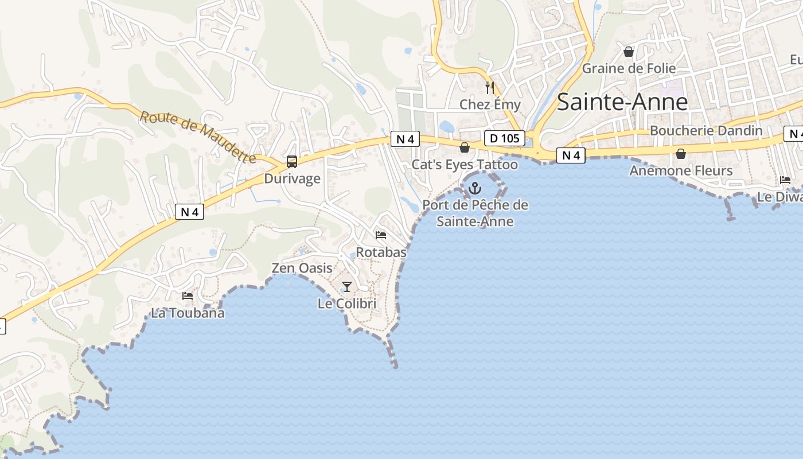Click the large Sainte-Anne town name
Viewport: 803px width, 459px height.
(622, 102)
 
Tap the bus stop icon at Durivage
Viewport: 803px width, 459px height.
(292, 162)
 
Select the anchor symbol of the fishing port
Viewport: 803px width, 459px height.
(475, 187)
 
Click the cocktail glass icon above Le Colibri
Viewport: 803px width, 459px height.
(347, 286)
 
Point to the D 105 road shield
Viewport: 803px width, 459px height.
(505, 138)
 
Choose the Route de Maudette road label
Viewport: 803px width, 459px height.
(198, 137)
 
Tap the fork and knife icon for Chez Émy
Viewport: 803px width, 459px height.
(489, 88)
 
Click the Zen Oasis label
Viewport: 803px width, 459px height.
(302, 268)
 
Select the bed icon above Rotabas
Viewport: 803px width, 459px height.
(381, 235)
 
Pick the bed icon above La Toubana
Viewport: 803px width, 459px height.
(188, 296)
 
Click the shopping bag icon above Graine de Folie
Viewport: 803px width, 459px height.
(629, 52)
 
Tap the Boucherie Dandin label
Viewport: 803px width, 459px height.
(706, 131)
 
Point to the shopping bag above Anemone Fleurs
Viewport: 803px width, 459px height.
(681, 154)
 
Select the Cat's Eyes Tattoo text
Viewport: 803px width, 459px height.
(465, 165)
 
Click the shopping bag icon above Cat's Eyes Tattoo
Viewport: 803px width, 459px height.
(465, 148)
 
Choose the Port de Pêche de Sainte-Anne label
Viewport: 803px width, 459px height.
(475, 213)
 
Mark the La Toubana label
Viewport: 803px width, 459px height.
(188, 313)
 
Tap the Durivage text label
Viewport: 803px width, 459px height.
(292, 178)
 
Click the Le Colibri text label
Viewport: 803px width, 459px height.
(347, 304)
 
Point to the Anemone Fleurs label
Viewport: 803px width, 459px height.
(681, 170)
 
